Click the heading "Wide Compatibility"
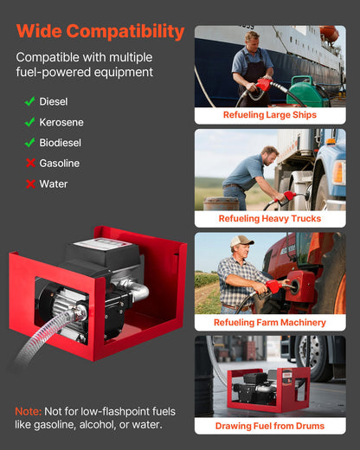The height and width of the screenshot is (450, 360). point(100,33)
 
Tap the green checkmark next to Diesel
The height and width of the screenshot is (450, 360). point(30,102)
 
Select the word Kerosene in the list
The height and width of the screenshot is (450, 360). point(61,123)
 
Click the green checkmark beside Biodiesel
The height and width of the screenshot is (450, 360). point(30,143)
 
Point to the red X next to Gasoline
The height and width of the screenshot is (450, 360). point(30,164)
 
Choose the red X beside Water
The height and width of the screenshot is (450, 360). point(30,184)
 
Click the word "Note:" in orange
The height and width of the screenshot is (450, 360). point(27,411)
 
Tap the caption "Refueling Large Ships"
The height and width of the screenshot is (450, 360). point(270,115)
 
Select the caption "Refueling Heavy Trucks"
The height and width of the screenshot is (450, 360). point(270,219)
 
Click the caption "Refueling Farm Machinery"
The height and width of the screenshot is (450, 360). point(270,323)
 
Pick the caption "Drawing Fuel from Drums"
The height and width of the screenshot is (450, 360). point(270,426)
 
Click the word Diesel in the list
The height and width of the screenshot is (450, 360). point(54,102)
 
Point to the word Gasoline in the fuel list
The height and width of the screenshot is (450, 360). point(60,164)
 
